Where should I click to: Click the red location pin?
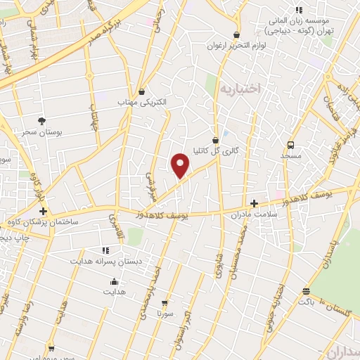coord(181,165)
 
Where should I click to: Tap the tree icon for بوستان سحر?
coord(42,121)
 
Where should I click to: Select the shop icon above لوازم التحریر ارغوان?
coord(236,34)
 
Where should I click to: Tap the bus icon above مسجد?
coord(290,144)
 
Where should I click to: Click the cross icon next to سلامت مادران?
coord(254,203)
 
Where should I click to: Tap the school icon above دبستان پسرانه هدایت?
coord(105,250)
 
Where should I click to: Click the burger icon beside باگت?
coord(306,292)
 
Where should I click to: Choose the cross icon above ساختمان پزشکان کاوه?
coord(44,211)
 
